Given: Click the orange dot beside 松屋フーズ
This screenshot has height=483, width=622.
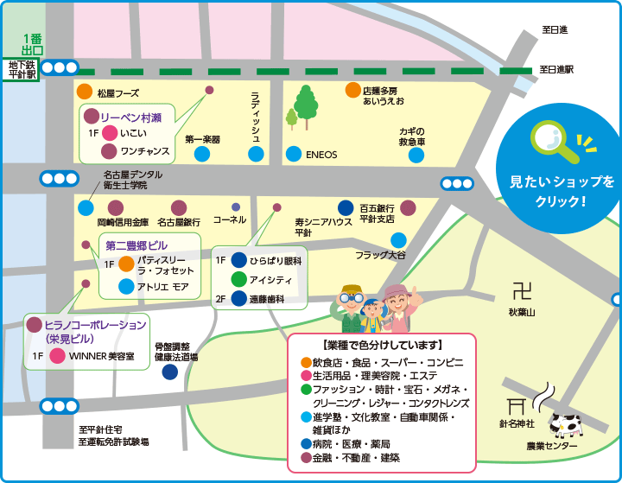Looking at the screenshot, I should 84,92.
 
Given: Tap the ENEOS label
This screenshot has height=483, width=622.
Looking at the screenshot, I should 321,156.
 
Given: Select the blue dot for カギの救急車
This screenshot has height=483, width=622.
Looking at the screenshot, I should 416,155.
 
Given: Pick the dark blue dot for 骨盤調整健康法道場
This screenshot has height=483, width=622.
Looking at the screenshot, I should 170,372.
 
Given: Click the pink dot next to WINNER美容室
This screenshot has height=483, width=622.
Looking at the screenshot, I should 57,356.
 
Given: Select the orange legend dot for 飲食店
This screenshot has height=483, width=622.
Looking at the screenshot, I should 305,361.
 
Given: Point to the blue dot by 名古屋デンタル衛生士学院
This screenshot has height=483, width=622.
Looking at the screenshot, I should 86,207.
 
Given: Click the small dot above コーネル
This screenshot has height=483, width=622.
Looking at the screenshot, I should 235,207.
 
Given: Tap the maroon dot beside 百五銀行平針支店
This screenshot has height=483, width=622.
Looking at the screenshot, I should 408,207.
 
